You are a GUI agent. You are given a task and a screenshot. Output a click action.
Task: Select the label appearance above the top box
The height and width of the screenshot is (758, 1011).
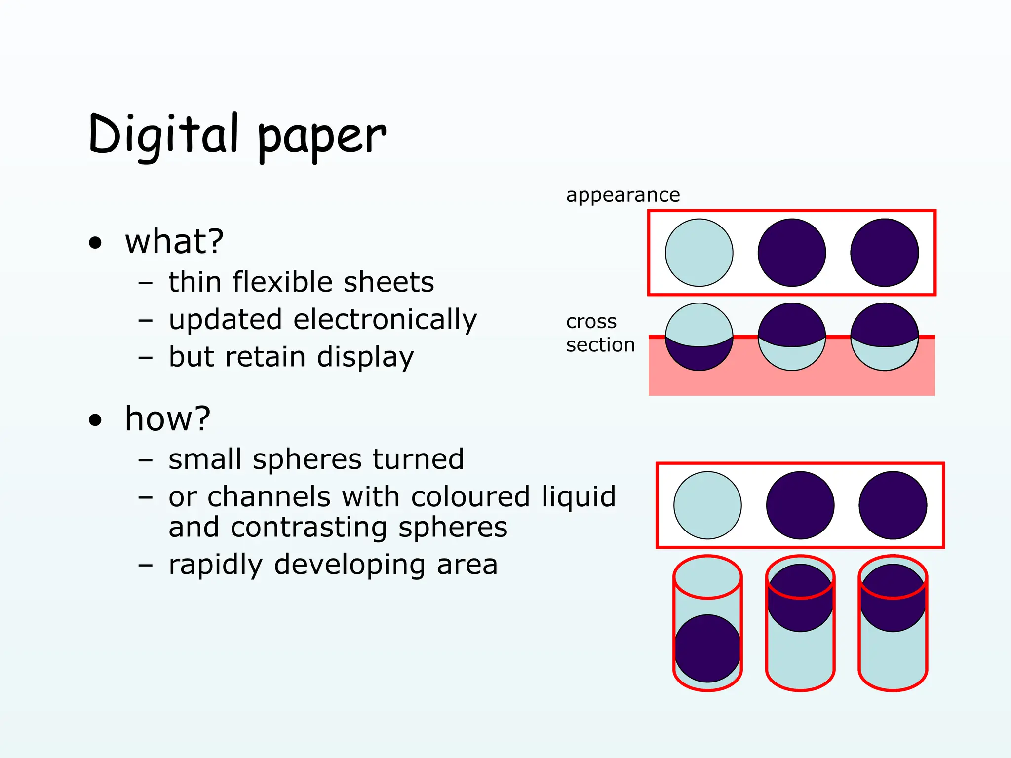click(x=623, y=195)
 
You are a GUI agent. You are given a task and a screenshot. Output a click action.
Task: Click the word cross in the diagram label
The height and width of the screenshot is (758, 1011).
click(x=591, y=322)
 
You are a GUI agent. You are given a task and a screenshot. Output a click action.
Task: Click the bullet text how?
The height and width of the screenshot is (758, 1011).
click(x=168, y=419)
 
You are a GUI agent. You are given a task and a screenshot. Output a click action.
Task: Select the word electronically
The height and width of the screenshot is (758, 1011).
click(x=385, y=320)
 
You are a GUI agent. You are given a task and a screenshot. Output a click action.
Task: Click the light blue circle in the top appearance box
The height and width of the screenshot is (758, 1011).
click(x=699, y=253)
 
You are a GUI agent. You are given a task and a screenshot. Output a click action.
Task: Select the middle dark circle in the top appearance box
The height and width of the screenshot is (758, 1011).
click(x=792, y=253)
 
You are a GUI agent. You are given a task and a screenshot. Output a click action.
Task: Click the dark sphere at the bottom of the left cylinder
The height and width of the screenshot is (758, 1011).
click(x=707, y=648)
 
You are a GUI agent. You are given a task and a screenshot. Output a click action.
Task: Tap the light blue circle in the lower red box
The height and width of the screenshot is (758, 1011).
click(x=707, y=505)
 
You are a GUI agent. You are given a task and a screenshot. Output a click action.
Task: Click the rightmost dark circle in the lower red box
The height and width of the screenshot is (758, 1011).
click(x=893, y=505)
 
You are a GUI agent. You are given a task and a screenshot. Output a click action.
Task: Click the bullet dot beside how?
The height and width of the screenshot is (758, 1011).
click(x=95, y=420)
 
